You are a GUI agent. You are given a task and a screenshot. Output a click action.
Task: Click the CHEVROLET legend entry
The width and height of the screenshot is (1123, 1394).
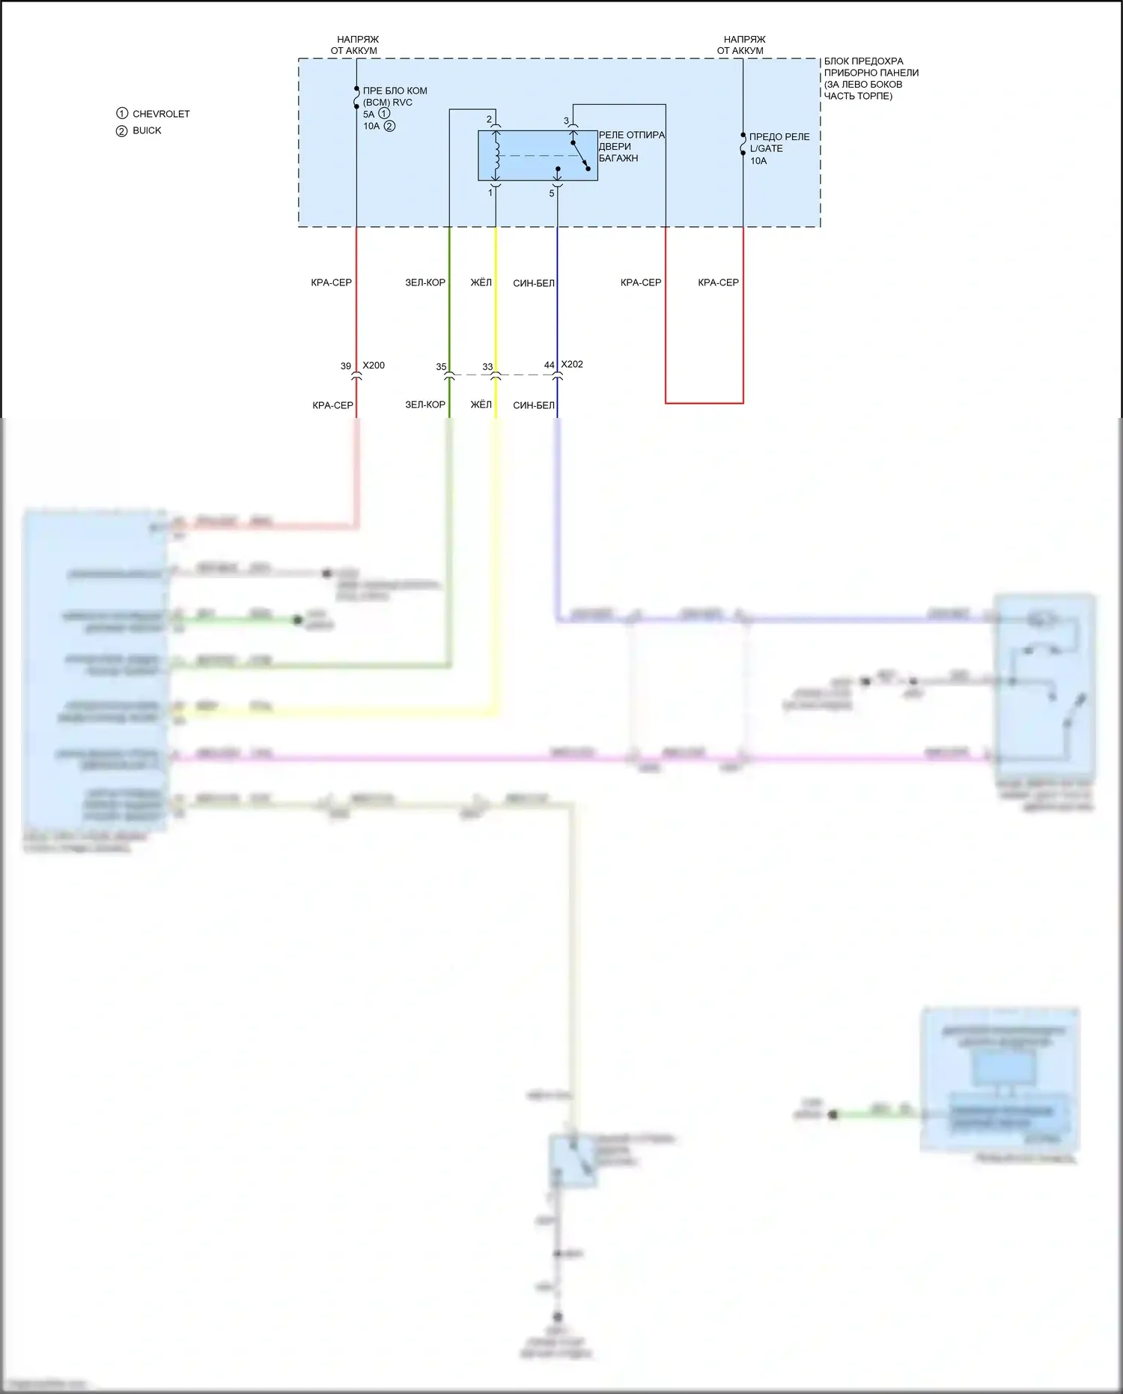160,114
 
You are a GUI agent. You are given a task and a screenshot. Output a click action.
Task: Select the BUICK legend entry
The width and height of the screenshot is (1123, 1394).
147,130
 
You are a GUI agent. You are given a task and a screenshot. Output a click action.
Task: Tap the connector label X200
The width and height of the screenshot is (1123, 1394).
374,366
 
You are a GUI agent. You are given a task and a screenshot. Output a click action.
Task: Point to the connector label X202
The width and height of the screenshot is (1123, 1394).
572,364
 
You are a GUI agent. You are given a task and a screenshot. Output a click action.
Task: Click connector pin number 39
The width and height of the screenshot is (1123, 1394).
346,366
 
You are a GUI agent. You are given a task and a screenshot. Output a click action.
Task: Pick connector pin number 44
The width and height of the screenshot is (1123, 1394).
550,365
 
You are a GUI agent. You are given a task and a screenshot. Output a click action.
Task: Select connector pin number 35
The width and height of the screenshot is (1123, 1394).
441,367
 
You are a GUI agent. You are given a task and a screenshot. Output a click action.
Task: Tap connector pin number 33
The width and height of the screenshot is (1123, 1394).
487,367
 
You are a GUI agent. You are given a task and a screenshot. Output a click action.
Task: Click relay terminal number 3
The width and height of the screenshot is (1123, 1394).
566,121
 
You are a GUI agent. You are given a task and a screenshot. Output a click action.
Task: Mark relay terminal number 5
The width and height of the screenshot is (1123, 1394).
552,193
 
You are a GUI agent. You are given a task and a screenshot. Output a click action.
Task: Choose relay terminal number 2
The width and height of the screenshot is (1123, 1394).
490,119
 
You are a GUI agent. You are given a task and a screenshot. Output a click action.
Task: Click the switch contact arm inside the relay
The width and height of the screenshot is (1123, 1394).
581,155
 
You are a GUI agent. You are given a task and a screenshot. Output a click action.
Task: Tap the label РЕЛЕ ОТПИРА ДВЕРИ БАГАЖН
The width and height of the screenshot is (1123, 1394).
630,147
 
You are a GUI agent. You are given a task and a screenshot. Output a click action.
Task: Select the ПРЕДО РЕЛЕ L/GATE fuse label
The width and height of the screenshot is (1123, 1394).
779,142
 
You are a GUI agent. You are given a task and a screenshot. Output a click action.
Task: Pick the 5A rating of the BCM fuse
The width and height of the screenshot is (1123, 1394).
368,115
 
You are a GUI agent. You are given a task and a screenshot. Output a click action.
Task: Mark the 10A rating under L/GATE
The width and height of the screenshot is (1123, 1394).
758,161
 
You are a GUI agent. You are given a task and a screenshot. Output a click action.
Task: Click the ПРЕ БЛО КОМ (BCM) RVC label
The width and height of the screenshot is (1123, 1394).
395,97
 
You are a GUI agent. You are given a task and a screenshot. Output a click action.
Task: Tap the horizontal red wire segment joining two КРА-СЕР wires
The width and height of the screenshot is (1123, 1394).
704,403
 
